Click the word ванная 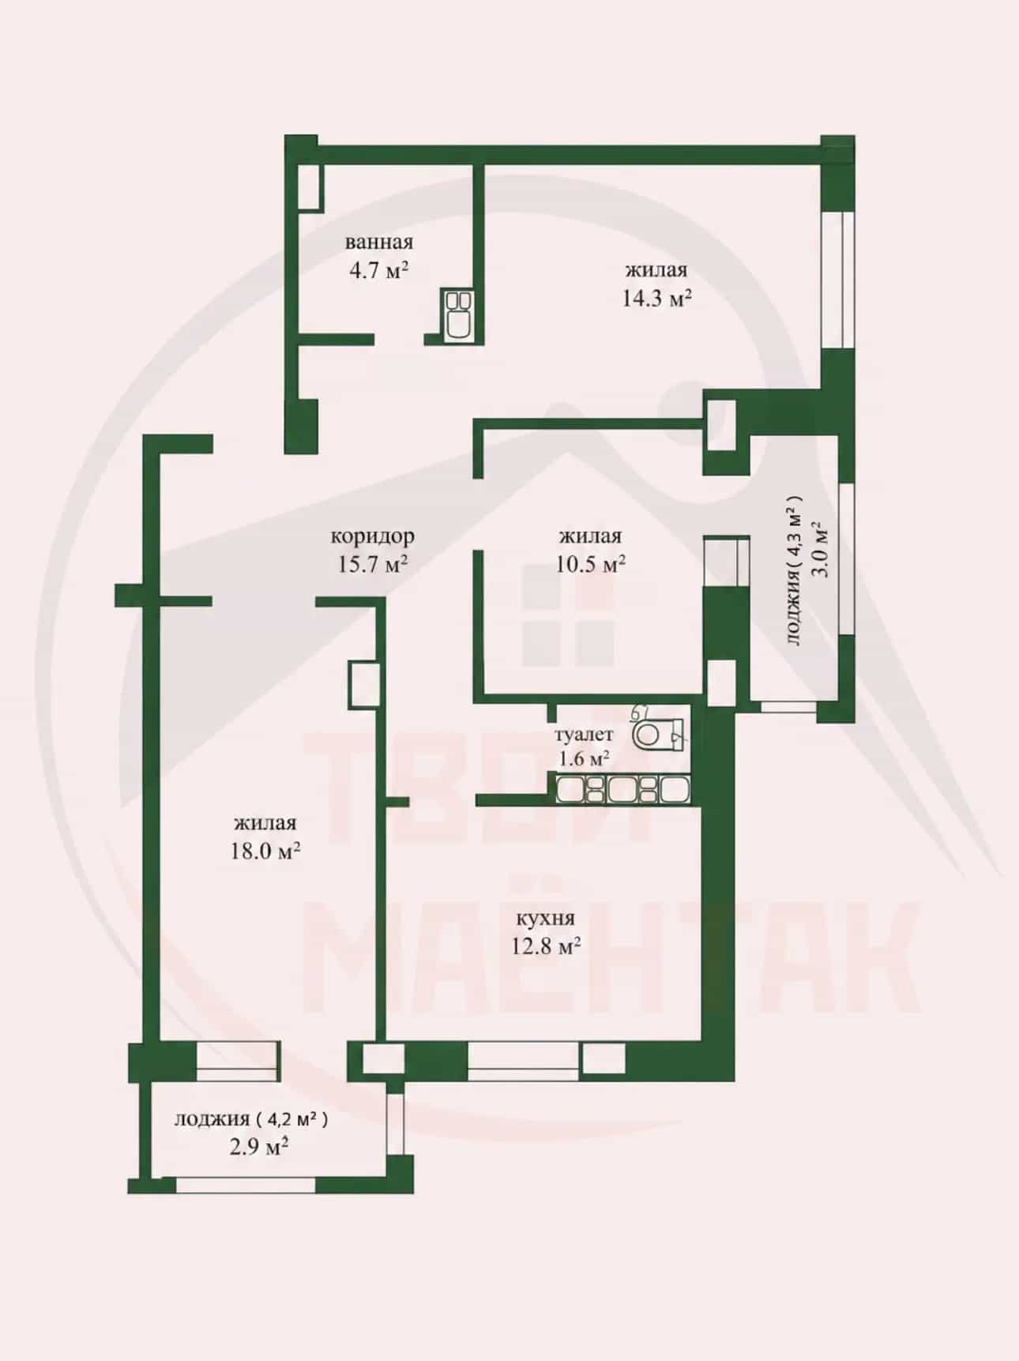(379, 242)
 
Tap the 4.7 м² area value (379, 271)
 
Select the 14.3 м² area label (657, 299)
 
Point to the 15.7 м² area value (372, 565)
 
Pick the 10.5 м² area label (591, 565)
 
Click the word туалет (584, 735)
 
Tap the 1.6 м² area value (584, 759)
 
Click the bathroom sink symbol (457, 315)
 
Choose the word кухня (546, 919)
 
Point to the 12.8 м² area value (546, 946)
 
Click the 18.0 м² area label (265, 852)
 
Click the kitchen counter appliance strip (622, 789)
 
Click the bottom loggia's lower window (245, 1185)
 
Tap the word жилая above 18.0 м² (265, 823)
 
